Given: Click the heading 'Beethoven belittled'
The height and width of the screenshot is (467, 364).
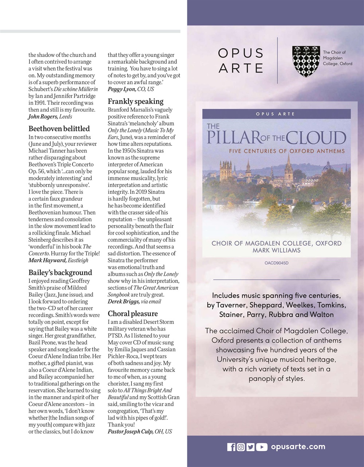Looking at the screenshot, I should click(x=59, y=129).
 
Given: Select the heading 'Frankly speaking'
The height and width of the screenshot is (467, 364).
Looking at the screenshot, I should click(x=136, y=101).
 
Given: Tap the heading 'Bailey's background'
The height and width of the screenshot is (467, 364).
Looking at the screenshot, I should click(x=60, y=273).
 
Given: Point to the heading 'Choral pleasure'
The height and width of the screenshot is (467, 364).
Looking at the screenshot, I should click(x=133, y=313).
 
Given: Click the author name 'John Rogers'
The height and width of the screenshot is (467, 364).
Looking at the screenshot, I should click(x=43, y=117).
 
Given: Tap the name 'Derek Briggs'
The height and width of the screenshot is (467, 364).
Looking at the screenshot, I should click(x=124, y=301).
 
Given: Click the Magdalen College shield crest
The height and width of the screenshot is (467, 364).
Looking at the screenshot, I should click(x=306, y=61).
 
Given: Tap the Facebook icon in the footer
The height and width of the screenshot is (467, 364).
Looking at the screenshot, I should click(x=231, y=447).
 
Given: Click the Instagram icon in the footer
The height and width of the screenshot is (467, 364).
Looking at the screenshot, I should click(x=241, y=447).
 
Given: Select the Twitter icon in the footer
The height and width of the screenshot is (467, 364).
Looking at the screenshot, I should click(x=251, y=447).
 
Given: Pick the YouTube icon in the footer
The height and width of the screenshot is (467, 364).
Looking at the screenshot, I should click(x=262, y=447).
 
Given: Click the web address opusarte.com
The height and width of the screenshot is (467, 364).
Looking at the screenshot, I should click(x=298, y=447).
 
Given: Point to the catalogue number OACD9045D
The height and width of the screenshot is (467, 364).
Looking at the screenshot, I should click(x=277, y=263).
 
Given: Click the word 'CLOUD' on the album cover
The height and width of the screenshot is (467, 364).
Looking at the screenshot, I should click(x=316, y=138).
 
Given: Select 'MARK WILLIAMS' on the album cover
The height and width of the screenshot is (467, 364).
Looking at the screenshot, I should click(x=277, y=250).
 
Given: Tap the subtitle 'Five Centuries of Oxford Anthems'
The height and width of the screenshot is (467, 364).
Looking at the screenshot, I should click(x=287, y=151).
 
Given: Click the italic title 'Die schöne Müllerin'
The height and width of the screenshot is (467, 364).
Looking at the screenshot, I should click(x=76, y=89).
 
